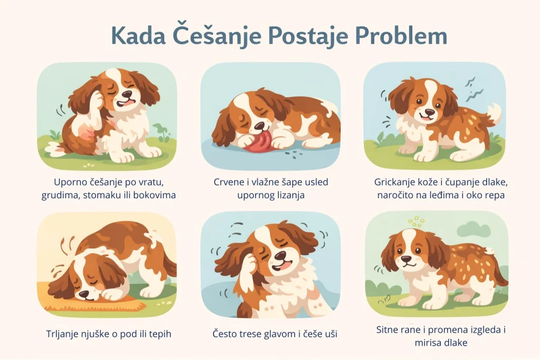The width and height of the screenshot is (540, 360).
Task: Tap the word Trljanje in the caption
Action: tap(63, 334)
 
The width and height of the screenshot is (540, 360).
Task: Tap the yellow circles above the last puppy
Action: tap(417, 220)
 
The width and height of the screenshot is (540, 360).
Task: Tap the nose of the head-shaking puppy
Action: tap(281, 256)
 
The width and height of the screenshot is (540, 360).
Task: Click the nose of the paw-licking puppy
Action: tap(257, 127)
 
